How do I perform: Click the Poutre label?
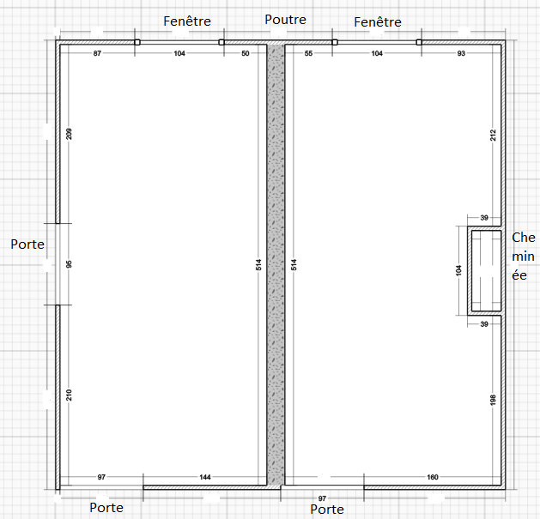pyautogui.click(x=285, y=20)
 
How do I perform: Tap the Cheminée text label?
pyautogui.click(x=524, y=256)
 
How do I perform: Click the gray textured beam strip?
pyautogui.click(x=276, y=265)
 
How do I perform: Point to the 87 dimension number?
pyautogui.click(x=98, y=53)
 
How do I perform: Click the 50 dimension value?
pyautogui.click(x=246, y=53)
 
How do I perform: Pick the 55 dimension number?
pyautogui.click(x=308, y=53)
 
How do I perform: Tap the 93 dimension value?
pyautogui.click(x=461, y=53)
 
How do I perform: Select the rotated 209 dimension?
pyautogui.click(x=70, y=134)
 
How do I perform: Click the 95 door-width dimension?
pyautogui.click(x=70, y=264)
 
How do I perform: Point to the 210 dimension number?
pyautogui.click(x=70, y=395)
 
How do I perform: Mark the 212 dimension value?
pyautogui.click(x=493, y=136)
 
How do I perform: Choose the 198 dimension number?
pyautogui.click(x=493, y=400)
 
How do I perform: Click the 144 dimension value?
pyautogui.click(x=205, y=477)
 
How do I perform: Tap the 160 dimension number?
pyautogui.click(x=433, y=477)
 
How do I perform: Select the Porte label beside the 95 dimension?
pyautogui.click(x=27, y=244)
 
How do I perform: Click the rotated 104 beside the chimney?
pyautogui.click(x=458, y=270)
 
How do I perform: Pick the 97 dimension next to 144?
pyautogui.click(x=101, y=477)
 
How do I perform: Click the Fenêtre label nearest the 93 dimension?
pyautogui.click(x=378, y=22)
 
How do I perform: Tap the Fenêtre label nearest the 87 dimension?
pyautogui.click(x=187, y=21)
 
